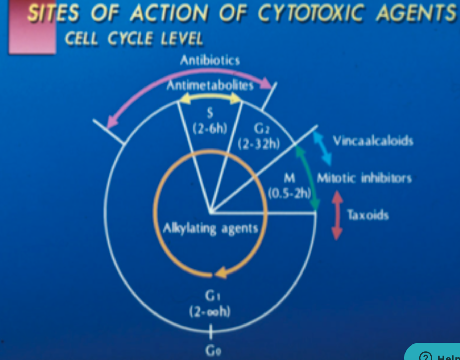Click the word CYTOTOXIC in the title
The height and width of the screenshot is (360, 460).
[310, 14]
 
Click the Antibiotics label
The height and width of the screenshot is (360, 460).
[210, 61]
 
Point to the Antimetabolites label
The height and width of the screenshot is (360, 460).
[210, 85]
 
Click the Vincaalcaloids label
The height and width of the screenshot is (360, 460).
[373, 141]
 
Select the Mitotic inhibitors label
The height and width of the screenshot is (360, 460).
[364, 178]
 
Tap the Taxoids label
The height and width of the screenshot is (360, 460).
[368, 215]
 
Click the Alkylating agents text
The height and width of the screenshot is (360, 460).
[210, 228]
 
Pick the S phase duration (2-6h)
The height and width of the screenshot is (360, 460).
[210, 129]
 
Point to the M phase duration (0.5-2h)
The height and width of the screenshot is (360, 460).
[289, 193]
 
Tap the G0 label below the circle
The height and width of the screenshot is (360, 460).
[213, 351]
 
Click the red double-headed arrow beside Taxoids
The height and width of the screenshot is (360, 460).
[337, 215]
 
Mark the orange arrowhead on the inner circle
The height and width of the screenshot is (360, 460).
[221, 273]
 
